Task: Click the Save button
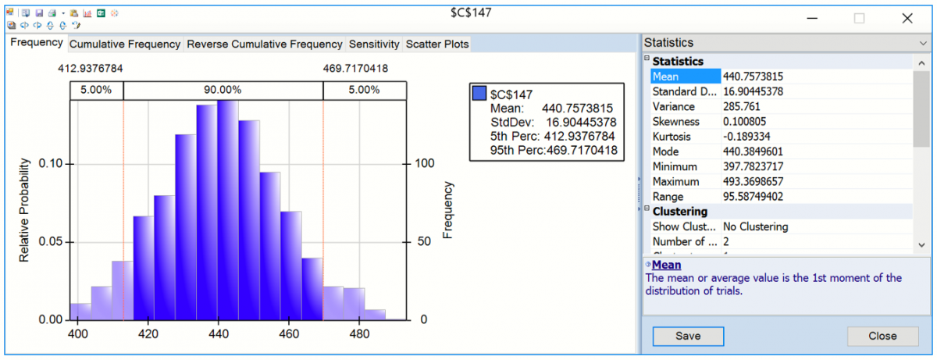688,336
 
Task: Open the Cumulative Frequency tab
125,45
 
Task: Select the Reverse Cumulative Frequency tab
265,45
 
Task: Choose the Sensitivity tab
374,45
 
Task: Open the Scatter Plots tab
437,45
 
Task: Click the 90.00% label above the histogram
223,90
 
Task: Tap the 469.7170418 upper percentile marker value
355,69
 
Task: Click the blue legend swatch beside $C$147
480,94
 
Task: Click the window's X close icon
907,19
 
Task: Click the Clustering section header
680,212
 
